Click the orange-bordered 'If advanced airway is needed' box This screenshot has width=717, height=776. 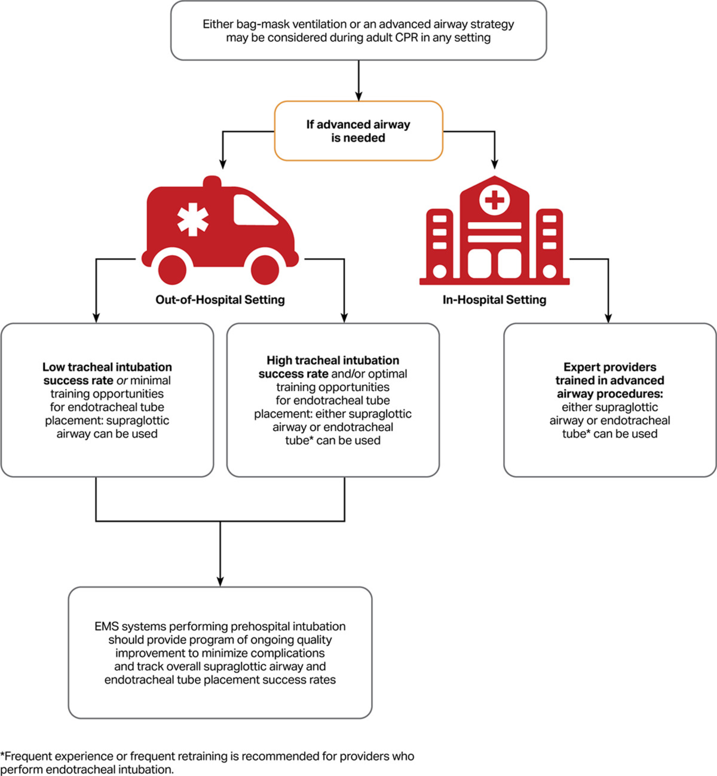(358, 131)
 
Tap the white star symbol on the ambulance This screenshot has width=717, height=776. (192, 219)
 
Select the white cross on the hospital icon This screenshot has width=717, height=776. (495, 200)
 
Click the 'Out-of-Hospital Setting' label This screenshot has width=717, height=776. (220, 300)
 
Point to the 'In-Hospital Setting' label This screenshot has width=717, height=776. (494, 300)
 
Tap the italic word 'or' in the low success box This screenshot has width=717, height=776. (122, 381)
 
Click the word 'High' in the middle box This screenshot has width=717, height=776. (280, 360)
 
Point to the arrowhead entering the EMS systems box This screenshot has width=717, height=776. (220, 581)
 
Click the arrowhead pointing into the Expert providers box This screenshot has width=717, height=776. (608, 318)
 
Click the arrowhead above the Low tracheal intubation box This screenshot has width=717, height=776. (96, 318)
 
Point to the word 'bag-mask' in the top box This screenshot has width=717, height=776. (257, 24)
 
